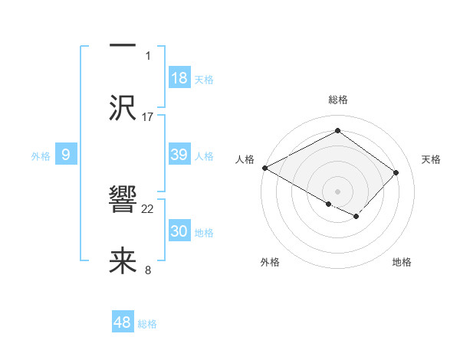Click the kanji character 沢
coord(123,106)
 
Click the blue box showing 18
coord(179,78)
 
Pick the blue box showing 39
coord(179,155)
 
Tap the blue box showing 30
coord(179,231)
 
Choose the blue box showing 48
coord(123,322)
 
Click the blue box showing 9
coord(66,155)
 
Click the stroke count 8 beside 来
coord(147,270)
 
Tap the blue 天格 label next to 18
coord(204,80)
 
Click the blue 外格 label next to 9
coord(41,156)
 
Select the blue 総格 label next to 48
coord(147,324)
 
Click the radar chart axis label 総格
coord(337,100)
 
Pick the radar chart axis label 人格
coord(245,159)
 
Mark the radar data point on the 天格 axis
coord(396,172)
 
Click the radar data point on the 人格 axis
coord(264,168)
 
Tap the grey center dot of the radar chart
coord(337,191)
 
